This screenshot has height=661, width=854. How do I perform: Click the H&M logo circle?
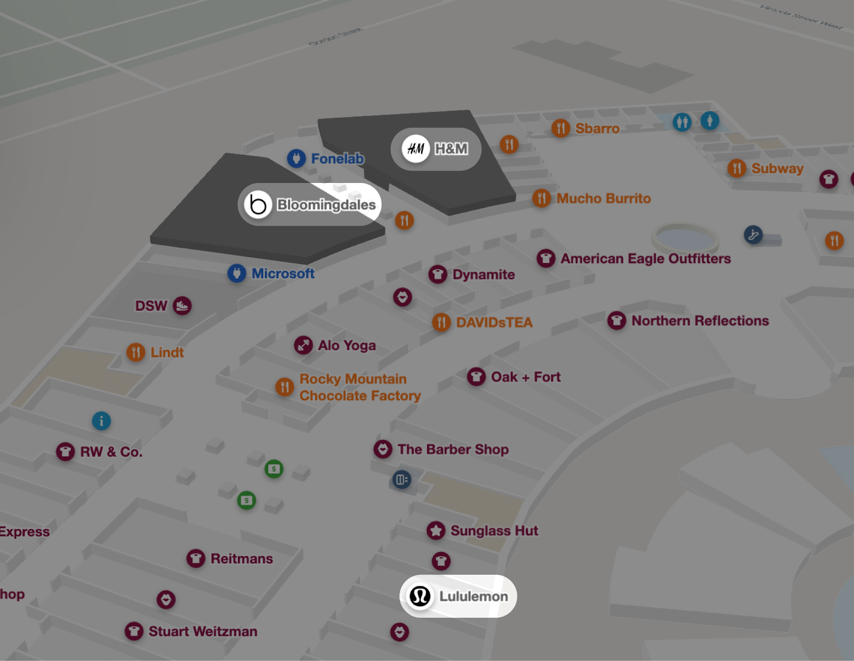pos(416,149)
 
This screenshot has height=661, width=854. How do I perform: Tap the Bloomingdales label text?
pos(326,205)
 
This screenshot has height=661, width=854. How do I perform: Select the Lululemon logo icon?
pos(420,596)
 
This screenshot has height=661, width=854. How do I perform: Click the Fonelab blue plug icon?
pos(296,158)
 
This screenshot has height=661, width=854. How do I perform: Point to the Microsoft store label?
pos(283,274)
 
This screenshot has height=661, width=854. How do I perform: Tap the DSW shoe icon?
pos(182,306)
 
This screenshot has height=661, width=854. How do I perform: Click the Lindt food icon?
pos(136,352)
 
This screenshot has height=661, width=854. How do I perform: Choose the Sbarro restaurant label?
pos(597,129)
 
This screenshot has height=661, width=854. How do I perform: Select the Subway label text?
pos(777,169)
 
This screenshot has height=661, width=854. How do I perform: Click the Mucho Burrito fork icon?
pos(541,198)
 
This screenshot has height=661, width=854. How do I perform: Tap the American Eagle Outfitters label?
pos(645,259)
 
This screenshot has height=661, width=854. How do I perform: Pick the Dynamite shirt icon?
pos(438,275)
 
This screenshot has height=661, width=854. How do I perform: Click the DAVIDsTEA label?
pos(494,322)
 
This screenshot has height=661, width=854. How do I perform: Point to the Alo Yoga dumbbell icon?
pos(303,345)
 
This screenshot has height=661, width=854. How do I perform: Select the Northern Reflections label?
pos(700,321)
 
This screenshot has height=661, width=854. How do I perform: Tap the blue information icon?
pos(101,421)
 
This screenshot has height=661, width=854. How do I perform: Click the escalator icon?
pos(753,234)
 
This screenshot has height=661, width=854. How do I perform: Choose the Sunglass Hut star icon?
pos(436,530)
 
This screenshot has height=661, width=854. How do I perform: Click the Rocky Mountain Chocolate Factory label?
pos(360,387)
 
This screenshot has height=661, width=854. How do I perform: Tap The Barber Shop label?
pos(453,449)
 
